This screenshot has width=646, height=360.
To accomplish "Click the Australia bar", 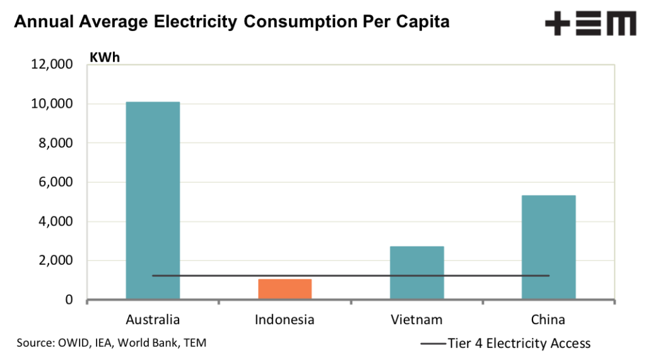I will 153,200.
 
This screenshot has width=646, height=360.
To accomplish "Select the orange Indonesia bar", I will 285,289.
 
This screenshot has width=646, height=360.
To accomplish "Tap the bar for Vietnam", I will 416,272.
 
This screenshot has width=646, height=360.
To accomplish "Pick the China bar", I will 548,247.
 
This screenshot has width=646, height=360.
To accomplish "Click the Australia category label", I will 153,320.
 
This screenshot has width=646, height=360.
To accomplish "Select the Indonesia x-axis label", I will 285,320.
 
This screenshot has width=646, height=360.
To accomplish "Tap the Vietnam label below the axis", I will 416,320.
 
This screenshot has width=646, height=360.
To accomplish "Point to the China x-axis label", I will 548,320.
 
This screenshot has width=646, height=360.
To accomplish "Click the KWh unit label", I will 105,57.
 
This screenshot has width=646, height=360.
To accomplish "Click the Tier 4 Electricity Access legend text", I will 519,344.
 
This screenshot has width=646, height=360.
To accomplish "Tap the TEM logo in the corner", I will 590,24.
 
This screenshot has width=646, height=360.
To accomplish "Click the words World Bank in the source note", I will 144,344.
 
